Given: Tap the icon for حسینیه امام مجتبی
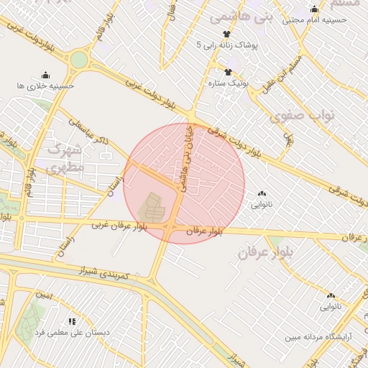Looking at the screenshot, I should point(314,9).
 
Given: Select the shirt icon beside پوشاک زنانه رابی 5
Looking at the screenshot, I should point(227,34).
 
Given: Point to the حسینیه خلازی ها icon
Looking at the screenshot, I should point(46,75).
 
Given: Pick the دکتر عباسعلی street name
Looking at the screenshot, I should point(89,132).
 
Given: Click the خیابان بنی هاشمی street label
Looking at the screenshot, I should point(187,158).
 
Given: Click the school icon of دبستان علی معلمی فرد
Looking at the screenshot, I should point(72,321).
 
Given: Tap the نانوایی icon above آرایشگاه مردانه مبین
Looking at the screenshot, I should point(331,295).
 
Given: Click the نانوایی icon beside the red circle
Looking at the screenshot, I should point(261,193).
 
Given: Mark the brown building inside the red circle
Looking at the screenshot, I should point(152,208).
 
